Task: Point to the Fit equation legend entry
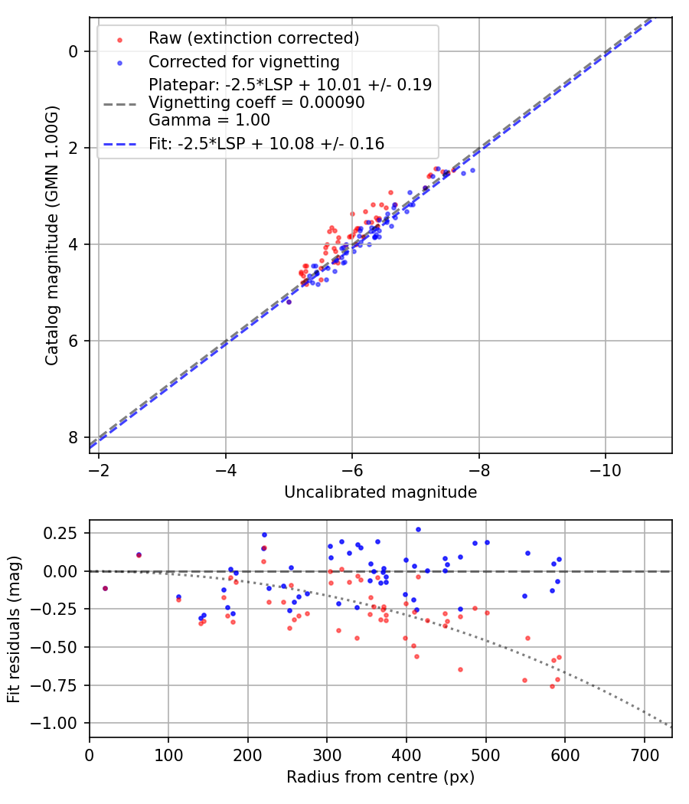(x=266, y=143)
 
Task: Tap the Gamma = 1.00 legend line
(x=198, y=119)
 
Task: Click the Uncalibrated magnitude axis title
(x=380, y=492)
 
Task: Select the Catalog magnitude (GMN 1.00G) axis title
(x=51, y=235)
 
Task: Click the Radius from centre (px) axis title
(x=380, y=777)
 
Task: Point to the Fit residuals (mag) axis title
(x=15, y=629)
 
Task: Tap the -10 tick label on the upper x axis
(x=605, y=468)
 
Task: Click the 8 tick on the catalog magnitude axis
(x=73, y=437)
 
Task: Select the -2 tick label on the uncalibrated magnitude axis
(x=99, y=468)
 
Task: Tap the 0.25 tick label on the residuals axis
(x=65, y=533)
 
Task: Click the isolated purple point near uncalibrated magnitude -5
(x=289, y=302)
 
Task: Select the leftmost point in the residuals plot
(x=105, y=588)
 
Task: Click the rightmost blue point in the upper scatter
(x=472, y=170)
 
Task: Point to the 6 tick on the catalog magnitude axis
(x=73, y=341)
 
